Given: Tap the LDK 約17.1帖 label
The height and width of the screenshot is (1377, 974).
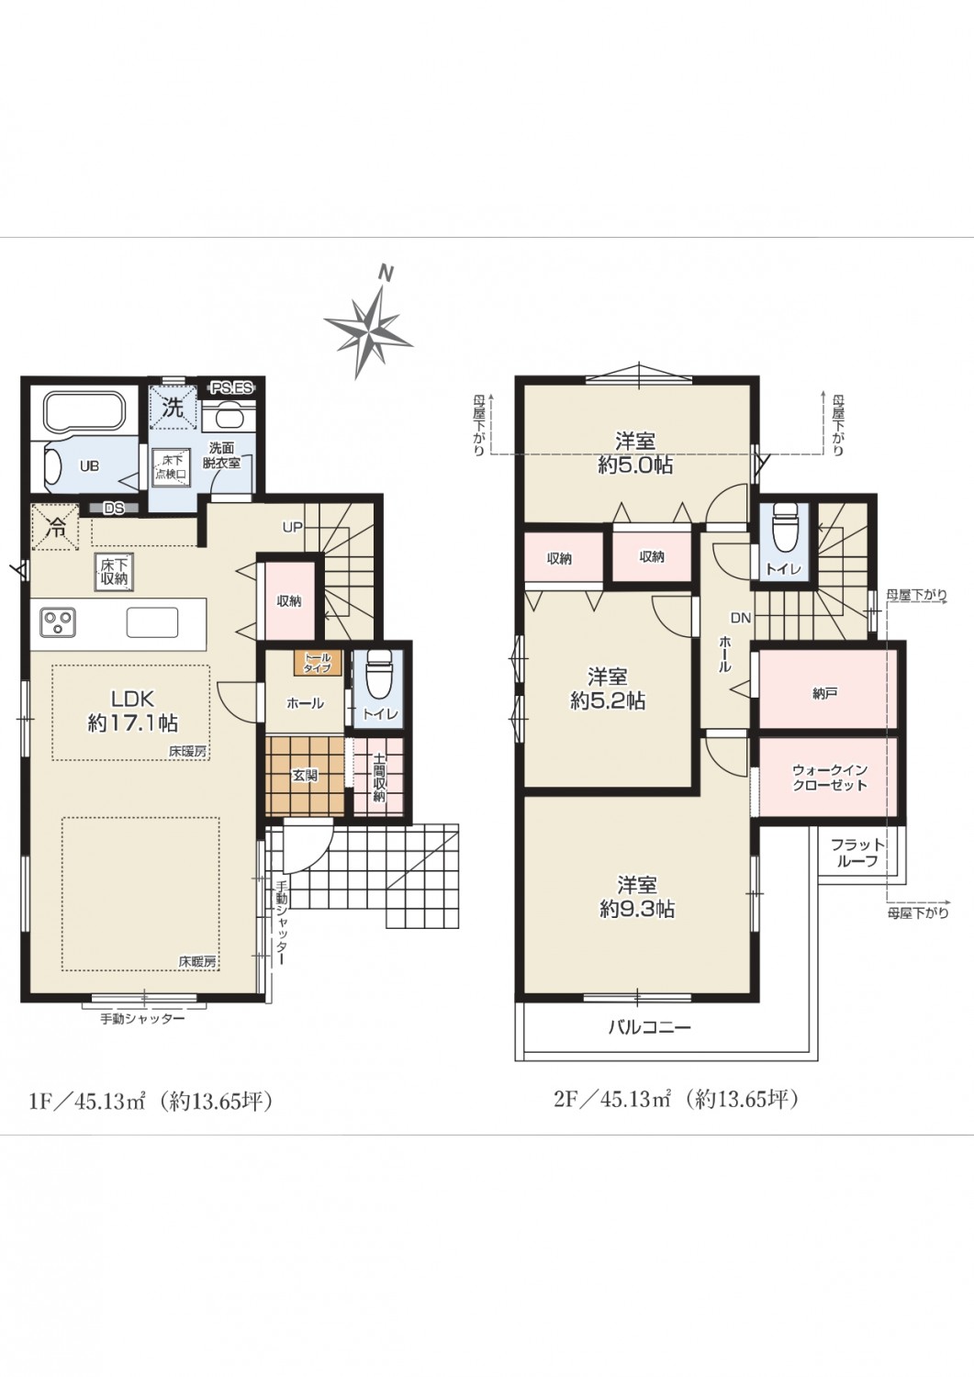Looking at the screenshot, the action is pyautogui.click(x=132, y=711).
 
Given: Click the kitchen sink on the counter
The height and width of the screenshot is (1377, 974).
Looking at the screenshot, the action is pyautogui.click(x=151, y=621).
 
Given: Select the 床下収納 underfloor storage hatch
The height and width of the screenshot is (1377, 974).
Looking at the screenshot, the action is pyautogui.click(x=114, y=572).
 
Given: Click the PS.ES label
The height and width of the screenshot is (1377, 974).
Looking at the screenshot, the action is pyautogui.click(x=230, y=388).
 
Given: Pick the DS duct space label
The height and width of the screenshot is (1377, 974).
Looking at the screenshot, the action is pyautogui.click(x=114, y=508).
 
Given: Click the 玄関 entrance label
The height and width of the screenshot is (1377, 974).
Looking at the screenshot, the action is pyautogui.click(x=305, y=775).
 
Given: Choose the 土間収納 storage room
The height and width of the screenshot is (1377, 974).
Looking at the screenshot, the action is pyautogui.click(x=377, y=777).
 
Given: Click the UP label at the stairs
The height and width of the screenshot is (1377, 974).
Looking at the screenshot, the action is pyautogui.click(x=293, y=527).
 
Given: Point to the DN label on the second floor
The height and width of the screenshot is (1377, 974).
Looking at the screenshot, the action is pyautogui.click(x=741, y=618).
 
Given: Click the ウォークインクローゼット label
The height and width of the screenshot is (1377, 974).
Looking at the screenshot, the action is pyautogui.click(x=829, y=777).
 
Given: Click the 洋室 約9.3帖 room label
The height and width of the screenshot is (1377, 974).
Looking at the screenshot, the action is pyautogui.click(x=637, y=897).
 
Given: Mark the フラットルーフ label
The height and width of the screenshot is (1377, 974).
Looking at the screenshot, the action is pyautogui.click(x=857, y=853).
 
